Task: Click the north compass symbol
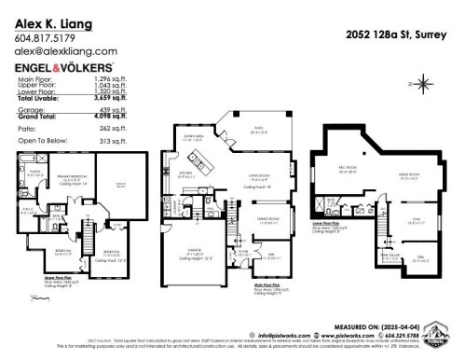[x=425, y=85]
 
